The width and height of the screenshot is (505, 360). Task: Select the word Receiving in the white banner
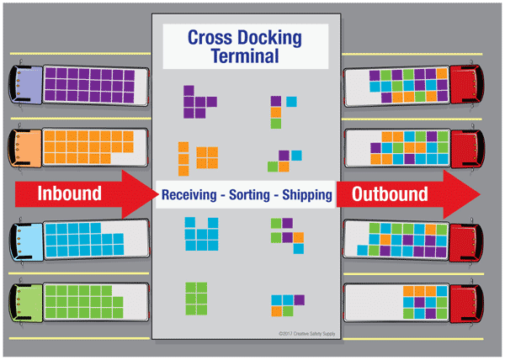coord(196,194)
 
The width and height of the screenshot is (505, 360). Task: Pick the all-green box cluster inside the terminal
coord(196,297)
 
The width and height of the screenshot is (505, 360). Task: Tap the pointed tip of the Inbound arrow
coord(157,193)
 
